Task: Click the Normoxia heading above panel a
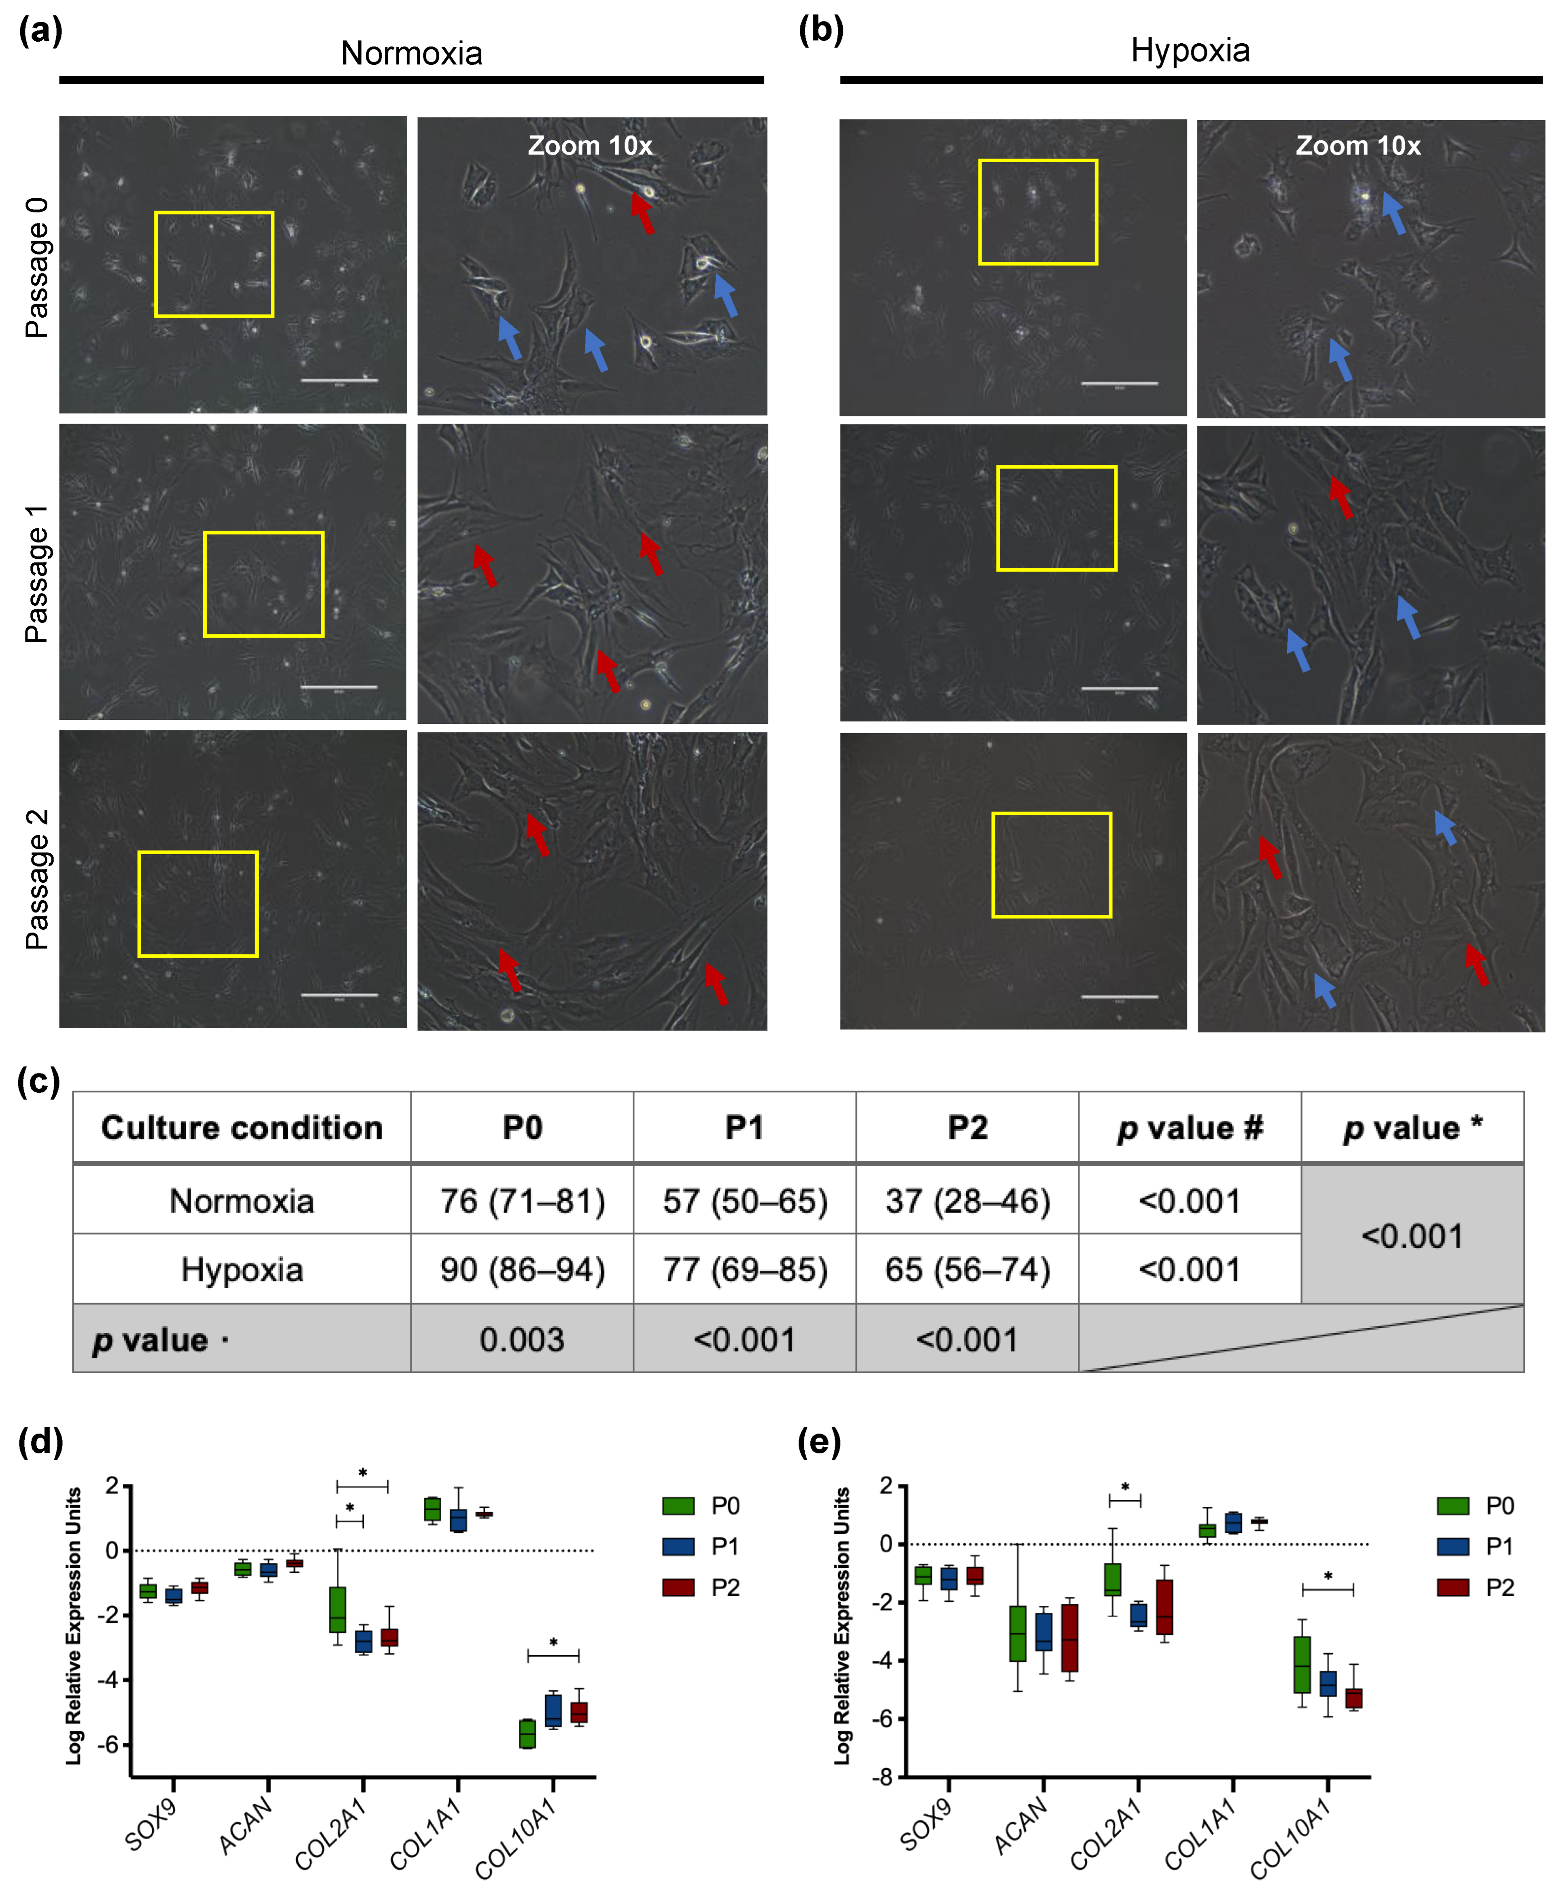[411, 54]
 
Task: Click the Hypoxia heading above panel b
[1190, 51]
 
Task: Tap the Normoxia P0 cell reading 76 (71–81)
[522, 1201]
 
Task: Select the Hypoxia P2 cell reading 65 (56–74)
[967, 1270]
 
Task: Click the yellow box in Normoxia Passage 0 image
[214, 264]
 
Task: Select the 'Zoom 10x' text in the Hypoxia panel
[1358, 146]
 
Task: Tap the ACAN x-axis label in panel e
[1021, 1824]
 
